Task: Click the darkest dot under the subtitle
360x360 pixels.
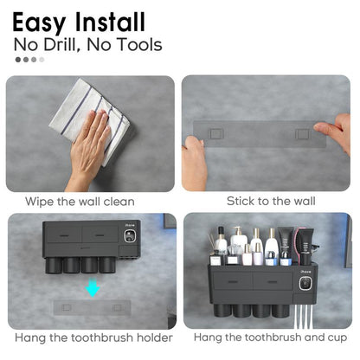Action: point(18,60)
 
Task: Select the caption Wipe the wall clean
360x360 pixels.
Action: point(80,201)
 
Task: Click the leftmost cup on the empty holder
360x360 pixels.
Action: point(55,264)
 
